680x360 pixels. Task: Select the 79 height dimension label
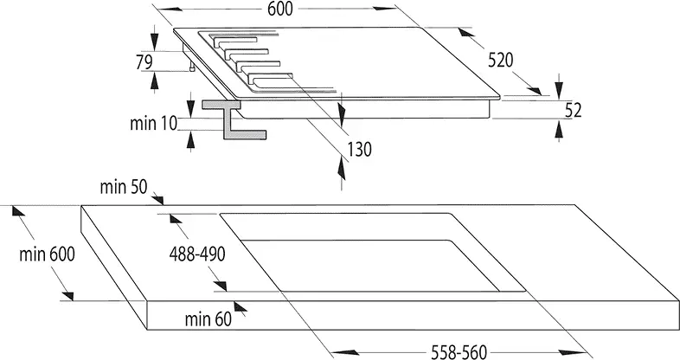(144, 61)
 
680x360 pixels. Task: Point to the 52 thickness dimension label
(572, 110)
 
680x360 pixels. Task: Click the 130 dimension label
(359, 149)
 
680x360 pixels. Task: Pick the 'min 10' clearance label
(153, 123)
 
